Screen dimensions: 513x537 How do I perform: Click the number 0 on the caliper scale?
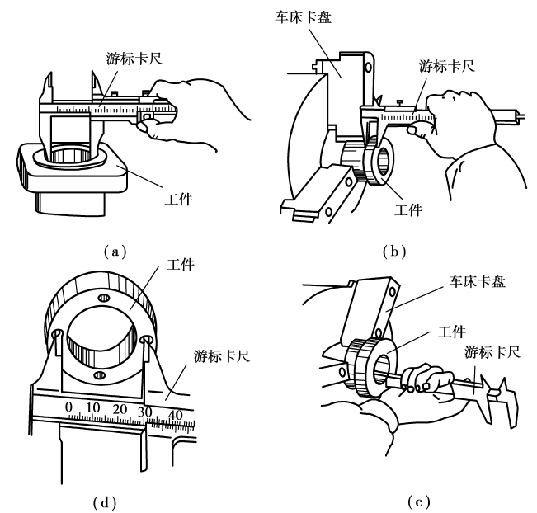pos(69,407)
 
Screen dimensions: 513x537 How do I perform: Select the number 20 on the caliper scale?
pos(120,408)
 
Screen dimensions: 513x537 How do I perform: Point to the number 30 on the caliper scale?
pos(146,410)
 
